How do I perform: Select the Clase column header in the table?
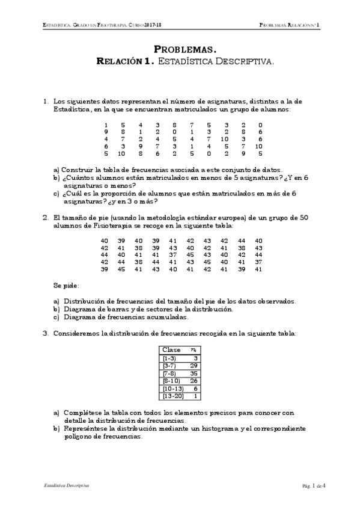[x=171, y=349]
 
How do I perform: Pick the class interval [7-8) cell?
[x=170, y=373]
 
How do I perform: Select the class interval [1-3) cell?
[x=170, y=357]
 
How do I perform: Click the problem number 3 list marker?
[x=45, y=333]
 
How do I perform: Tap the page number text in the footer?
[x=314, y=485]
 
